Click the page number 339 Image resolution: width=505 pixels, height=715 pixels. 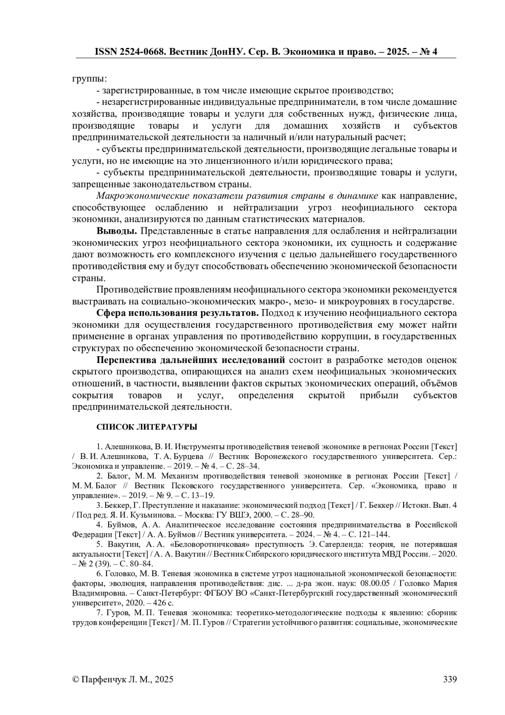[x=450, y=679]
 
